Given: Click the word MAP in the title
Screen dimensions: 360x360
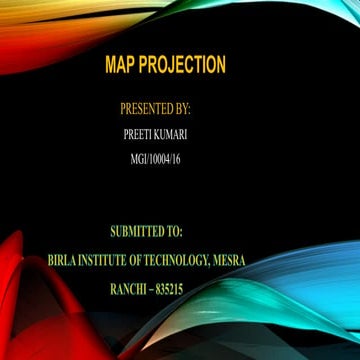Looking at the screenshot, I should (x=121, y=66).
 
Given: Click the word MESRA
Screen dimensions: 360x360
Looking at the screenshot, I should (x=230, y=261).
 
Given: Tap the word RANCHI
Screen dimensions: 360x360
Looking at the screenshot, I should (x=132, y=289).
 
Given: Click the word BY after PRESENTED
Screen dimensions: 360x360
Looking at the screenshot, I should (x=183, y=107).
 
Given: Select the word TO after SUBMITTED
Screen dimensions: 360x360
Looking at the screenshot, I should (x=187, y=234).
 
